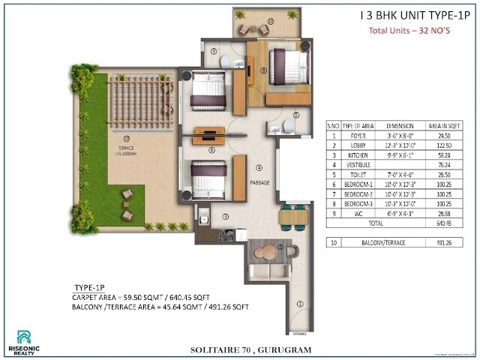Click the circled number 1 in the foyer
299,304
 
